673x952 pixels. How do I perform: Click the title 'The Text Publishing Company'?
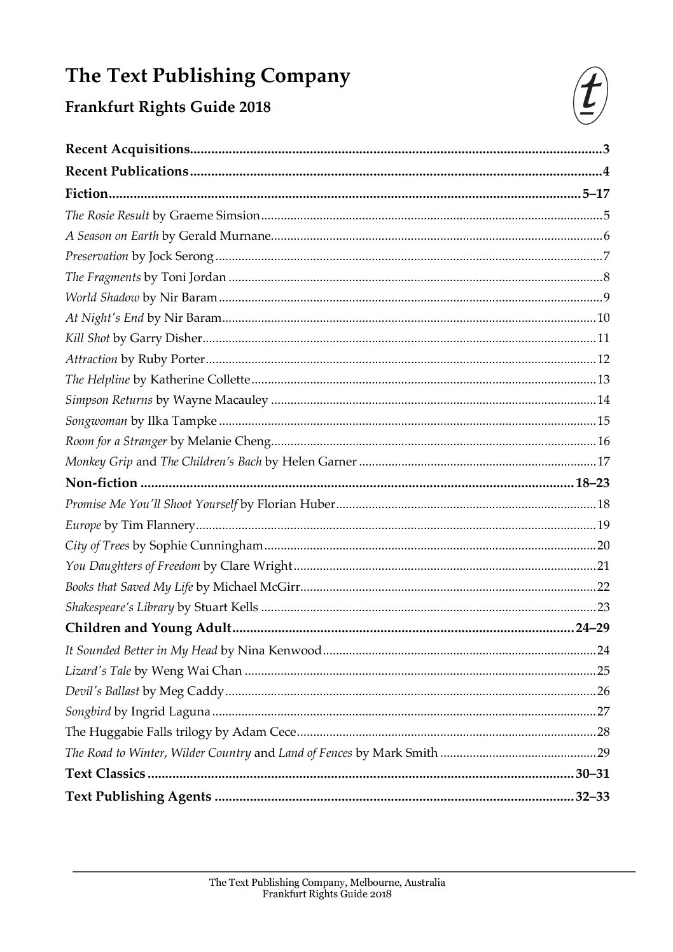tap(207, 76)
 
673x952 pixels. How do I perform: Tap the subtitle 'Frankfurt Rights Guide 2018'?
tap(168, 107)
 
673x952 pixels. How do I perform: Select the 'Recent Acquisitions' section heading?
tap(128, 149)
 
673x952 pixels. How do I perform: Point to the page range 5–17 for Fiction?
tap(595, 194)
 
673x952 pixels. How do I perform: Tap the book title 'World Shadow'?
tap(102, 297)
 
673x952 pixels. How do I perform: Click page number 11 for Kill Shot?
tap(603, 338)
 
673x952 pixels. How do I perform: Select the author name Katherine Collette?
tap(200, 380)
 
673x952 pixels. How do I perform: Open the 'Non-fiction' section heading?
tap(101, 483)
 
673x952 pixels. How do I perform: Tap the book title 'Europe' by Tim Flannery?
tap(83, 525)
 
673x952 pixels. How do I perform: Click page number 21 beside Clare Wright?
tap(603, 566)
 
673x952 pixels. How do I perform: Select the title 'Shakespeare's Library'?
tap(120, 607)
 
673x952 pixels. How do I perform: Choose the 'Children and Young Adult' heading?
tap(148, 628)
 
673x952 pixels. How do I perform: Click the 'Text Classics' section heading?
tap(106, 774)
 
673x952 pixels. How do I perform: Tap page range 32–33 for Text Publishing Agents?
tap(592, 796)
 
